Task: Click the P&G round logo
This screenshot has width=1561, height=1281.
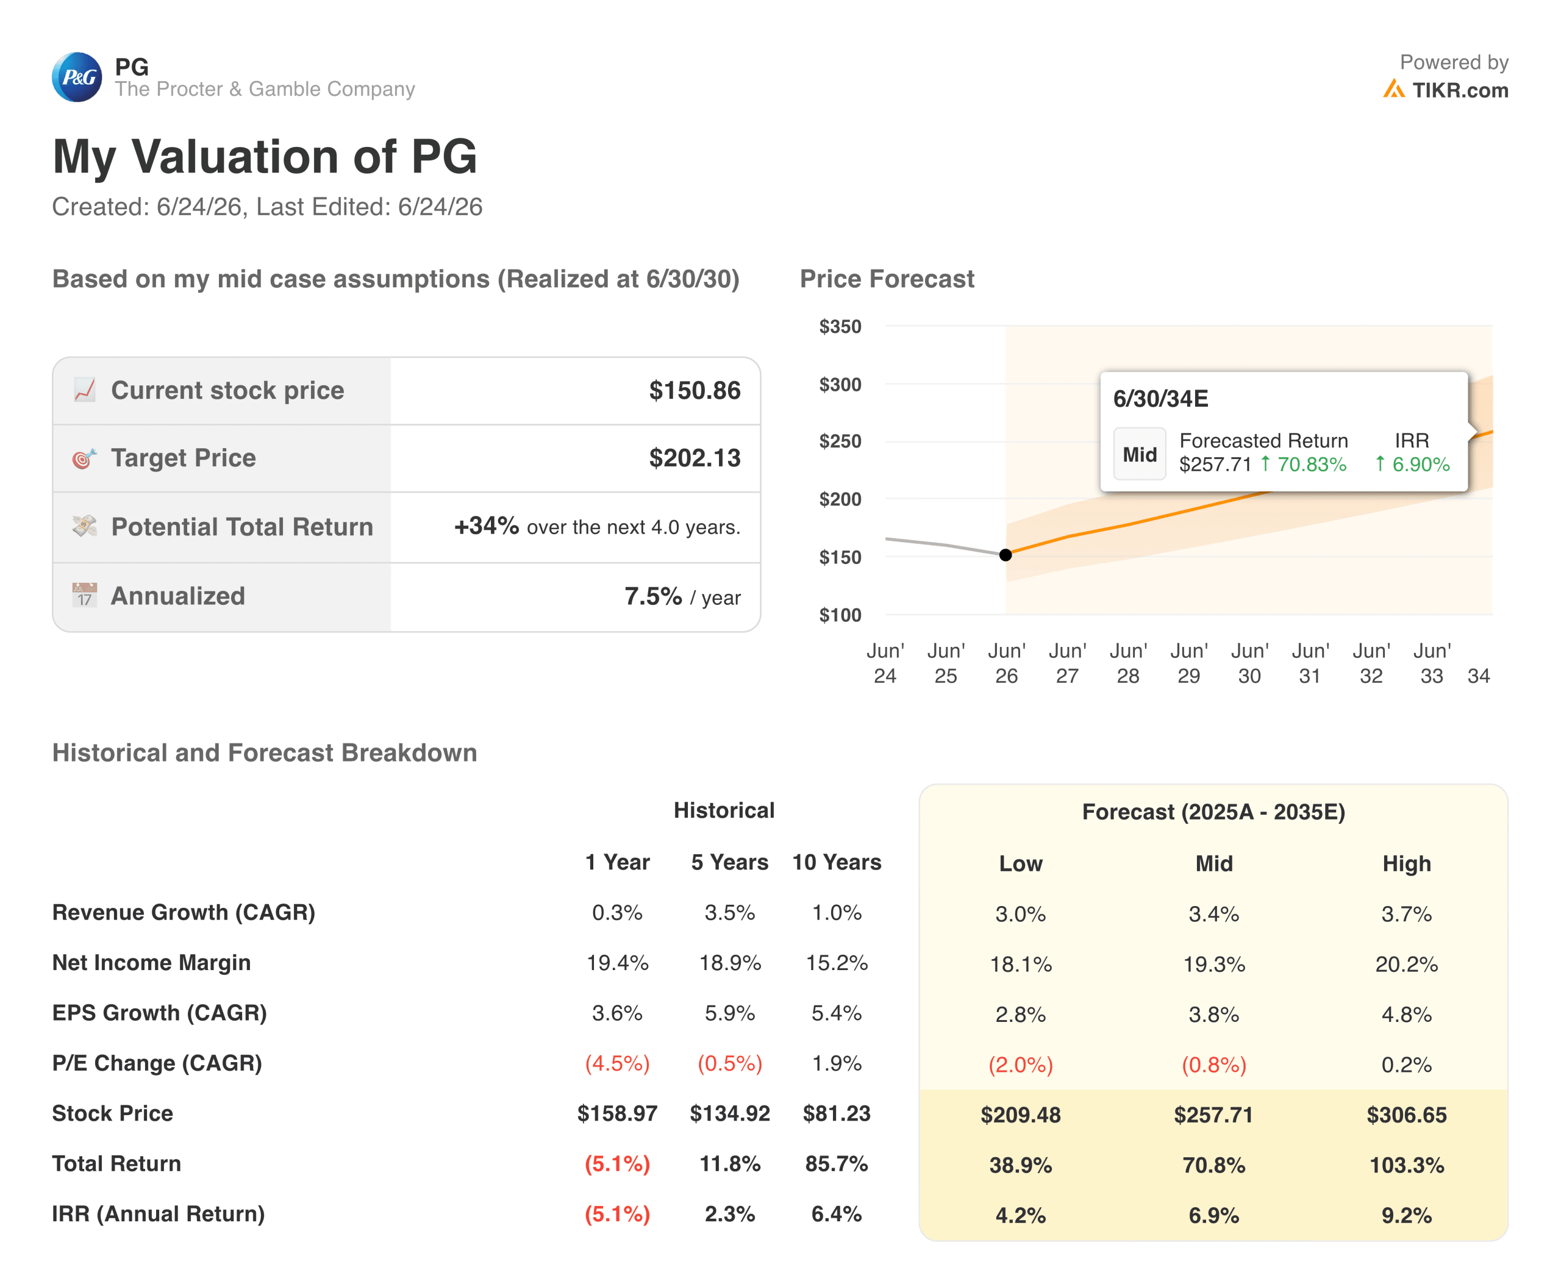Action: coord(77,77)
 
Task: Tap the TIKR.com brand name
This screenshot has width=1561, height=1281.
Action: coord(1460,90)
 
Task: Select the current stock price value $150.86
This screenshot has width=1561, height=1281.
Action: coord(695,390)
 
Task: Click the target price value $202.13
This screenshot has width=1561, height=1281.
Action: coord(695,457)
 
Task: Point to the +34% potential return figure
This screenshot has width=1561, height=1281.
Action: coord(487,526)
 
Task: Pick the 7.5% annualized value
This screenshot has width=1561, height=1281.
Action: coord(653,596)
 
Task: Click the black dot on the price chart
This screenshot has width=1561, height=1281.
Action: coord(1006,555)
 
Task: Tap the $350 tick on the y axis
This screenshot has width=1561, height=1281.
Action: coord(840,326)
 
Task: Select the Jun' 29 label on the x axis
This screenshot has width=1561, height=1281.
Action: coord(1188,663)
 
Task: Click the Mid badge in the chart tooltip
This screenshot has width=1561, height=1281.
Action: coord(1140,454)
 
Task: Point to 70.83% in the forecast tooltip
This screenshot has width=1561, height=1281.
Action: coord(1312,464)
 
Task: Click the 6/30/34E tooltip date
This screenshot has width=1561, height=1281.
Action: coord(1160,399)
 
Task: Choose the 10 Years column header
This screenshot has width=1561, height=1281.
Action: coord(836,862)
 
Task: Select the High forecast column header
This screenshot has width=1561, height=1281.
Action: coord(1406,863)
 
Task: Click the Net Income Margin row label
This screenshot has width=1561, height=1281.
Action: coord(151,962)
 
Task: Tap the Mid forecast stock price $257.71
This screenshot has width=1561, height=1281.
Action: coord(1213,1114)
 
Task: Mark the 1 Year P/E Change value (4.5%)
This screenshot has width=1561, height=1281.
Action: coord(617,1063)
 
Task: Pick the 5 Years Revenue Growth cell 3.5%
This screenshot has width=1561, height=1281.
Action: coord(729,912)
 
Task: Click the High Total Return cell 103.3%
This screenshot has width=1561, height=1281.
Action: coord(1406,1165)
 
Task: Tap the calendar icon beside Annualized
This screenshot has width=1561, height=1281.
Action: coord(84,594)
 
